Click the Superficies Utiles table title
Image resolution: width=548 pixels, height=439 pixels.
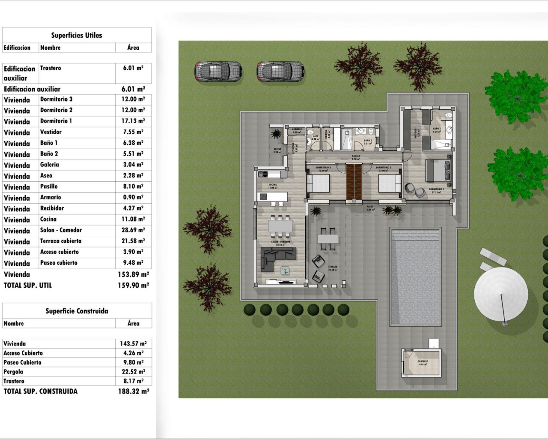(77, 36)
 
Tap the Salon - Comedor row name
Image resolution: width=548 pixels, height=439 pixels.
(61, 230)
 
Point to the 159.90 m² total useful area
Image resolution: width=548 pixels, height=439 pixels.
(133, 285)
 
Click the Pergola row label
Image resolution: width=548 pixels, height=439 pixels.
(13, 372)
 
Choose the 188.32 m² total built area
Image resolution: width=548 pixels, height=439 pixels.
(133, 391)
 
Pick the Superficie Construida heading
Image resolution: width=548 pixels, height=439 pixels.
(77, 311)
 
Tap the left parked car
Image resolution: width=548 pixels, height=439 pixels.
(218, 71)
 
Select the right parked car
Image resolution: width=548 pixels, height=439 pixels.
(280, 71)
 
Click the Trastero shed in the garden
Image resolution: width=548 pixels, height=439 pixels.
(422, 363)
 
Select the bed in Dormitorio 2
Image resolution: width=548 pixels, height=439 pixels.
(390, 183)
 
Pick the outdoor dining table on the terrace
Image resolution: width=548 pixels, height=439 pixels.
(328, 238)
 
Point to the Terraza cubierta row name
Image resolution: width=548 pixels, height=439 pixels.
(61, 241)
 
